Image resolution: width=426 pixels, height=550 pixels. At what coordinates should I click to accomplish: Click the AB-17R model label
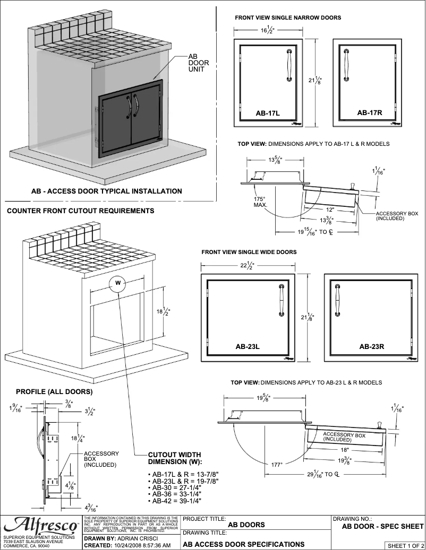tap(370, 112)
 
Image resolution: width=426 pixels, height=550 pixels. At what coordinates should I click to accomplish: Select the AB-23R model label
tap(372, 346)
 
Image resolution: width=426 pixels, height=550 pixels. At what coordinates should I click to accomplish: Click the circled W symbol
tap(118, 284)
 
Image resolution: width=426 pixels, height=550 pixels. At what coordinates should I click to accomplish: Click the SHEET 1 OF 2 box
tap(405, 545)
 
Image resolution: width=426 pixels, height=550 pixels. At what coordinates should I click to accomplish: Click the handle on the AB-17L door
tap(289, 65)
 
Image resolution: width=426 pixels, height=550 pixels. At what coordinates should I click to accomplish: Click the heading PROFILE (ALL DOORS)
tap(54, 392)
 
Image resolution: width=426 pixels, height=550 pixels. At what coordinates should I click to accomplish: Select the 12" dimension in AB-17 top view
tap(331, 208)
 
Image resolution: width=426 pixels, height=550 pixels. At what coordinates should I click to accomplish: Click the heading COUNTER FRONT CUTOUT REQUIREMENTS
tap(80, 211)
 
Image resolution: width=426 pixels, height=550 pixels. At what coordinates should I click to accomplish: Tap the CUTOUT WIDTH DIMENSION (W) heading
tap(175, 458)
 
